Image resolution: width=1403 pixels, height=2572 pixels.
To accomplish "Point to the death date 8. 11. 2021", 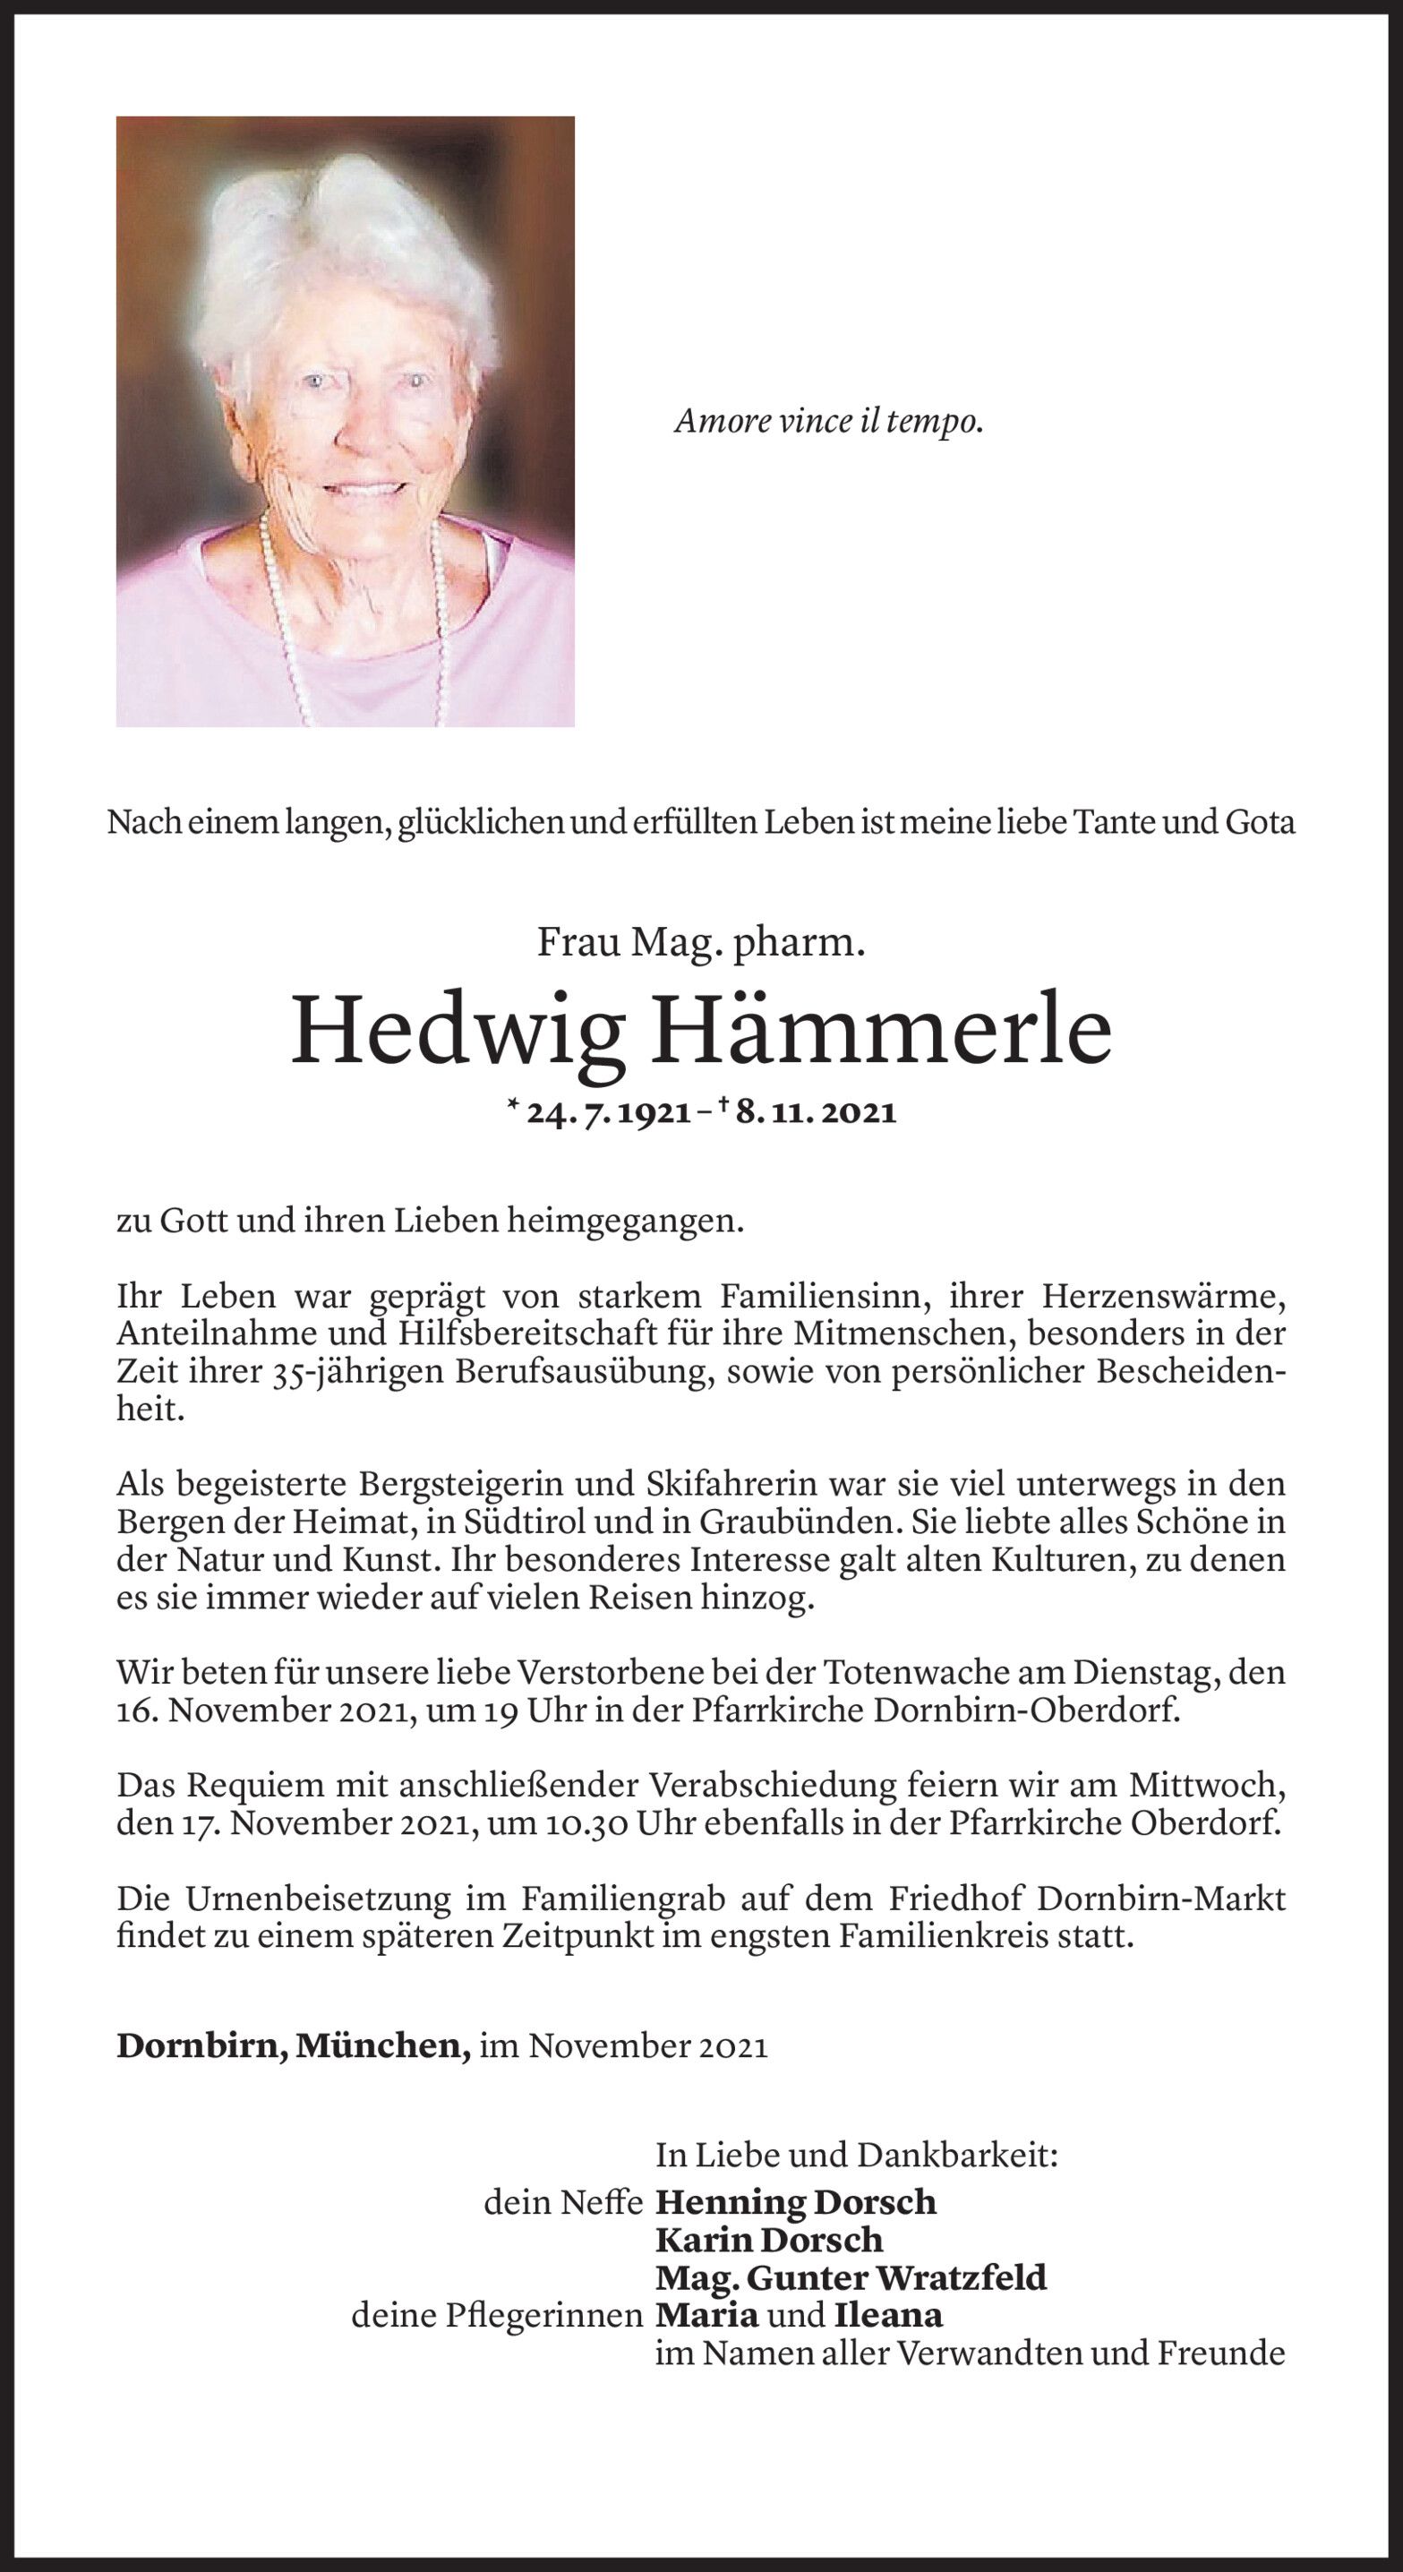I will tap(816, 1112).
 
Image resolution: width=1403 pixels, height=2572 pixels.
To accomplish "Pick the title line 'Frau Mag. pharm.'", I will tap(701, 941).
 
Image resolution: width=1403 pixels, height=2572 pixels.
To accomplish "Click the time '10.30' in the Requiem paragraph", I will tap(586, 1823).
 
